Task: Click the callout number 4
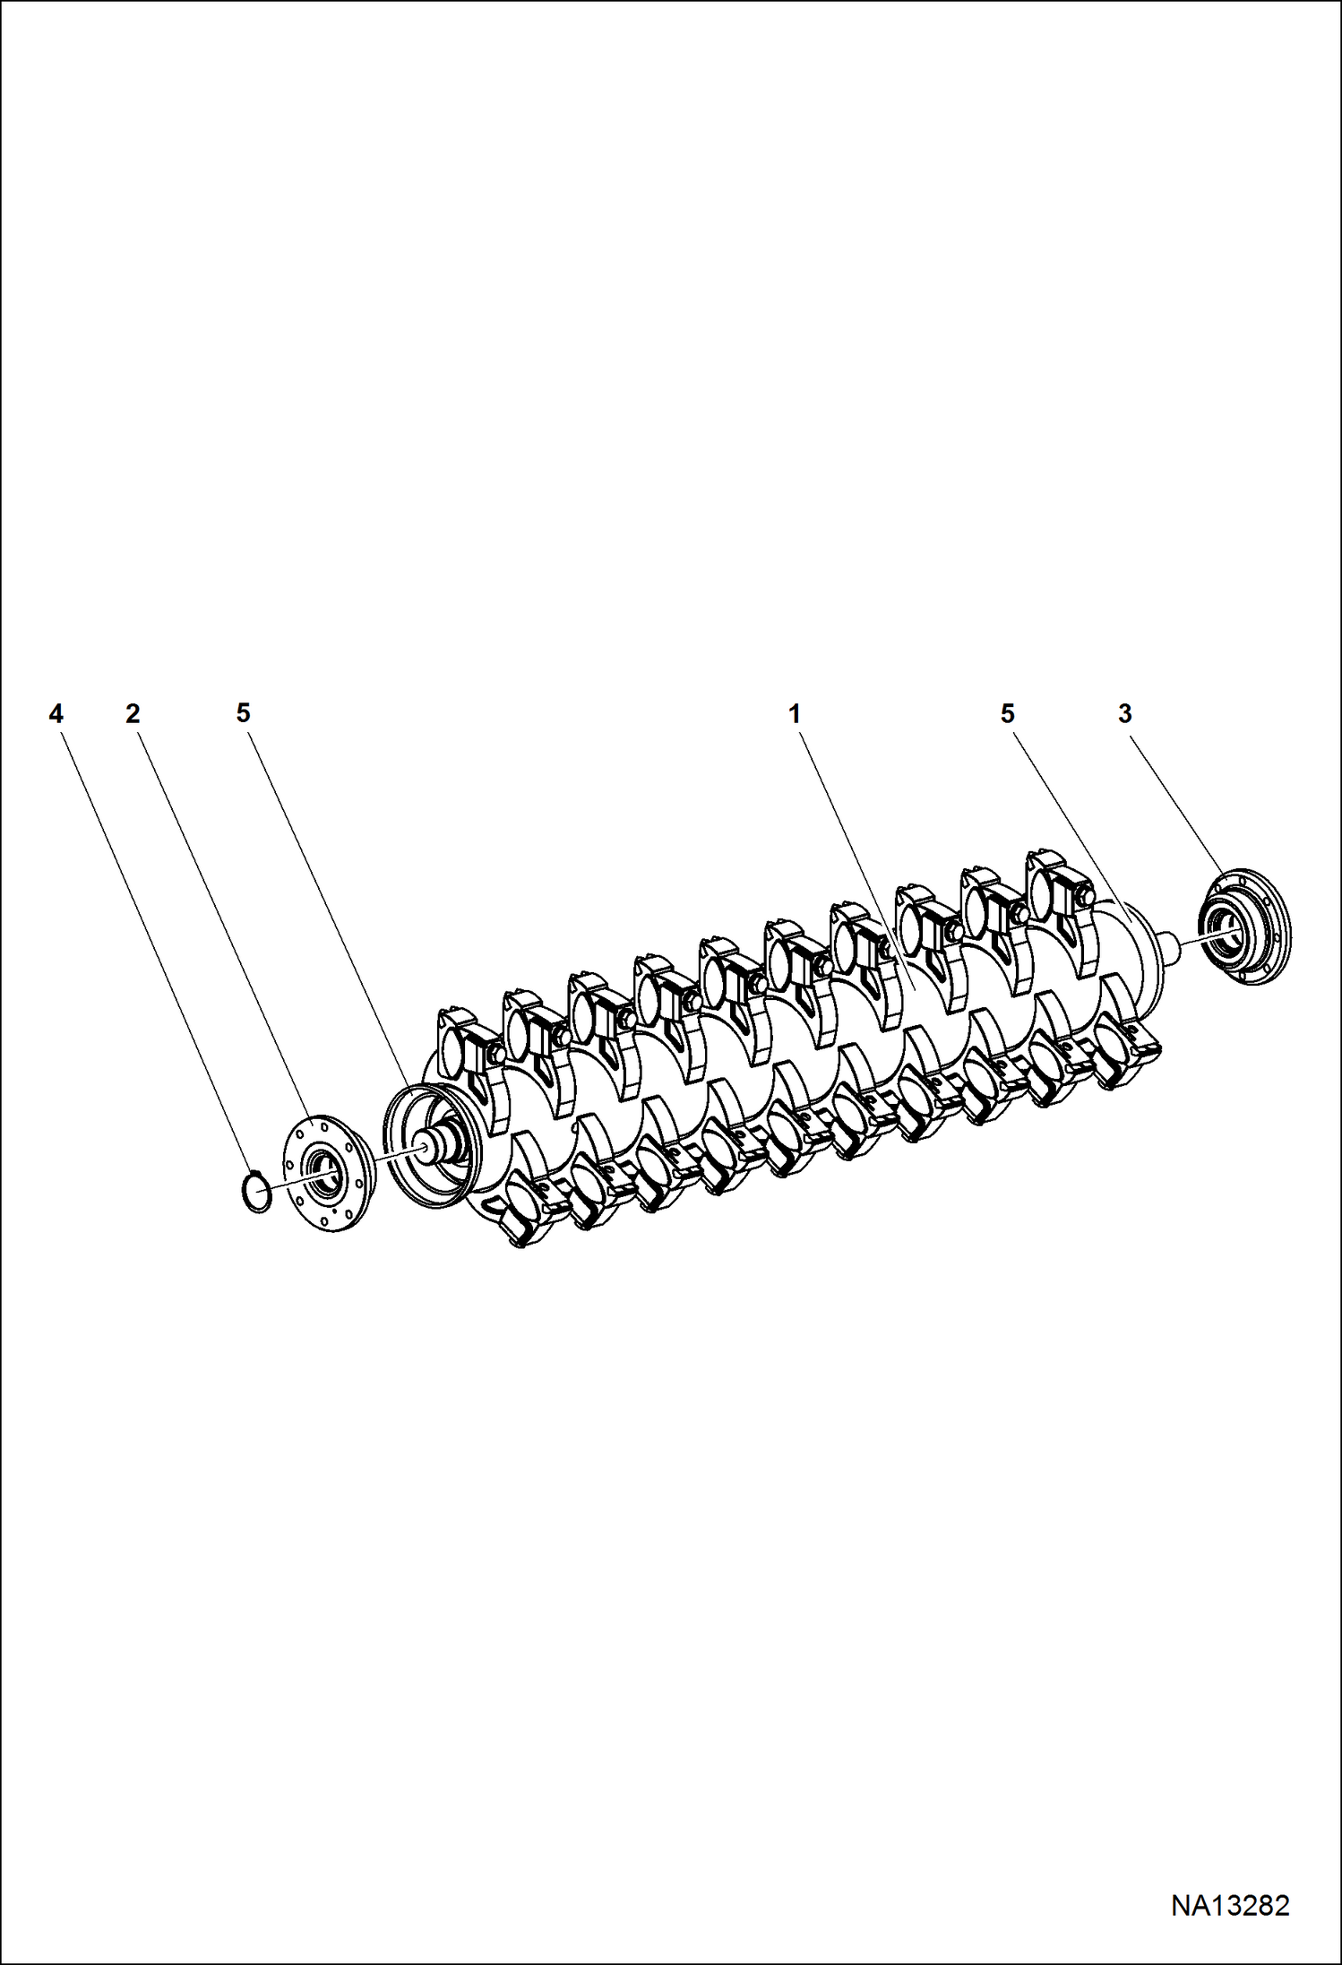[56, 714]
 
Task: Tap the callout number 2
[133, 714]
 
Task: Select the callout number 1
[794, 714]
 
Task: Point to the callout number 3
[1124, 714]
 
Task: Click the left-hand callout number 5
[243, 713]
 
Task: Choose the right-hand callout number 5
[1008, 714]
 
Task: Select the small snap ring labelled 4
[257, 1192]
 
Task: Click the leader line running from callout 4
[152, 941]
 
